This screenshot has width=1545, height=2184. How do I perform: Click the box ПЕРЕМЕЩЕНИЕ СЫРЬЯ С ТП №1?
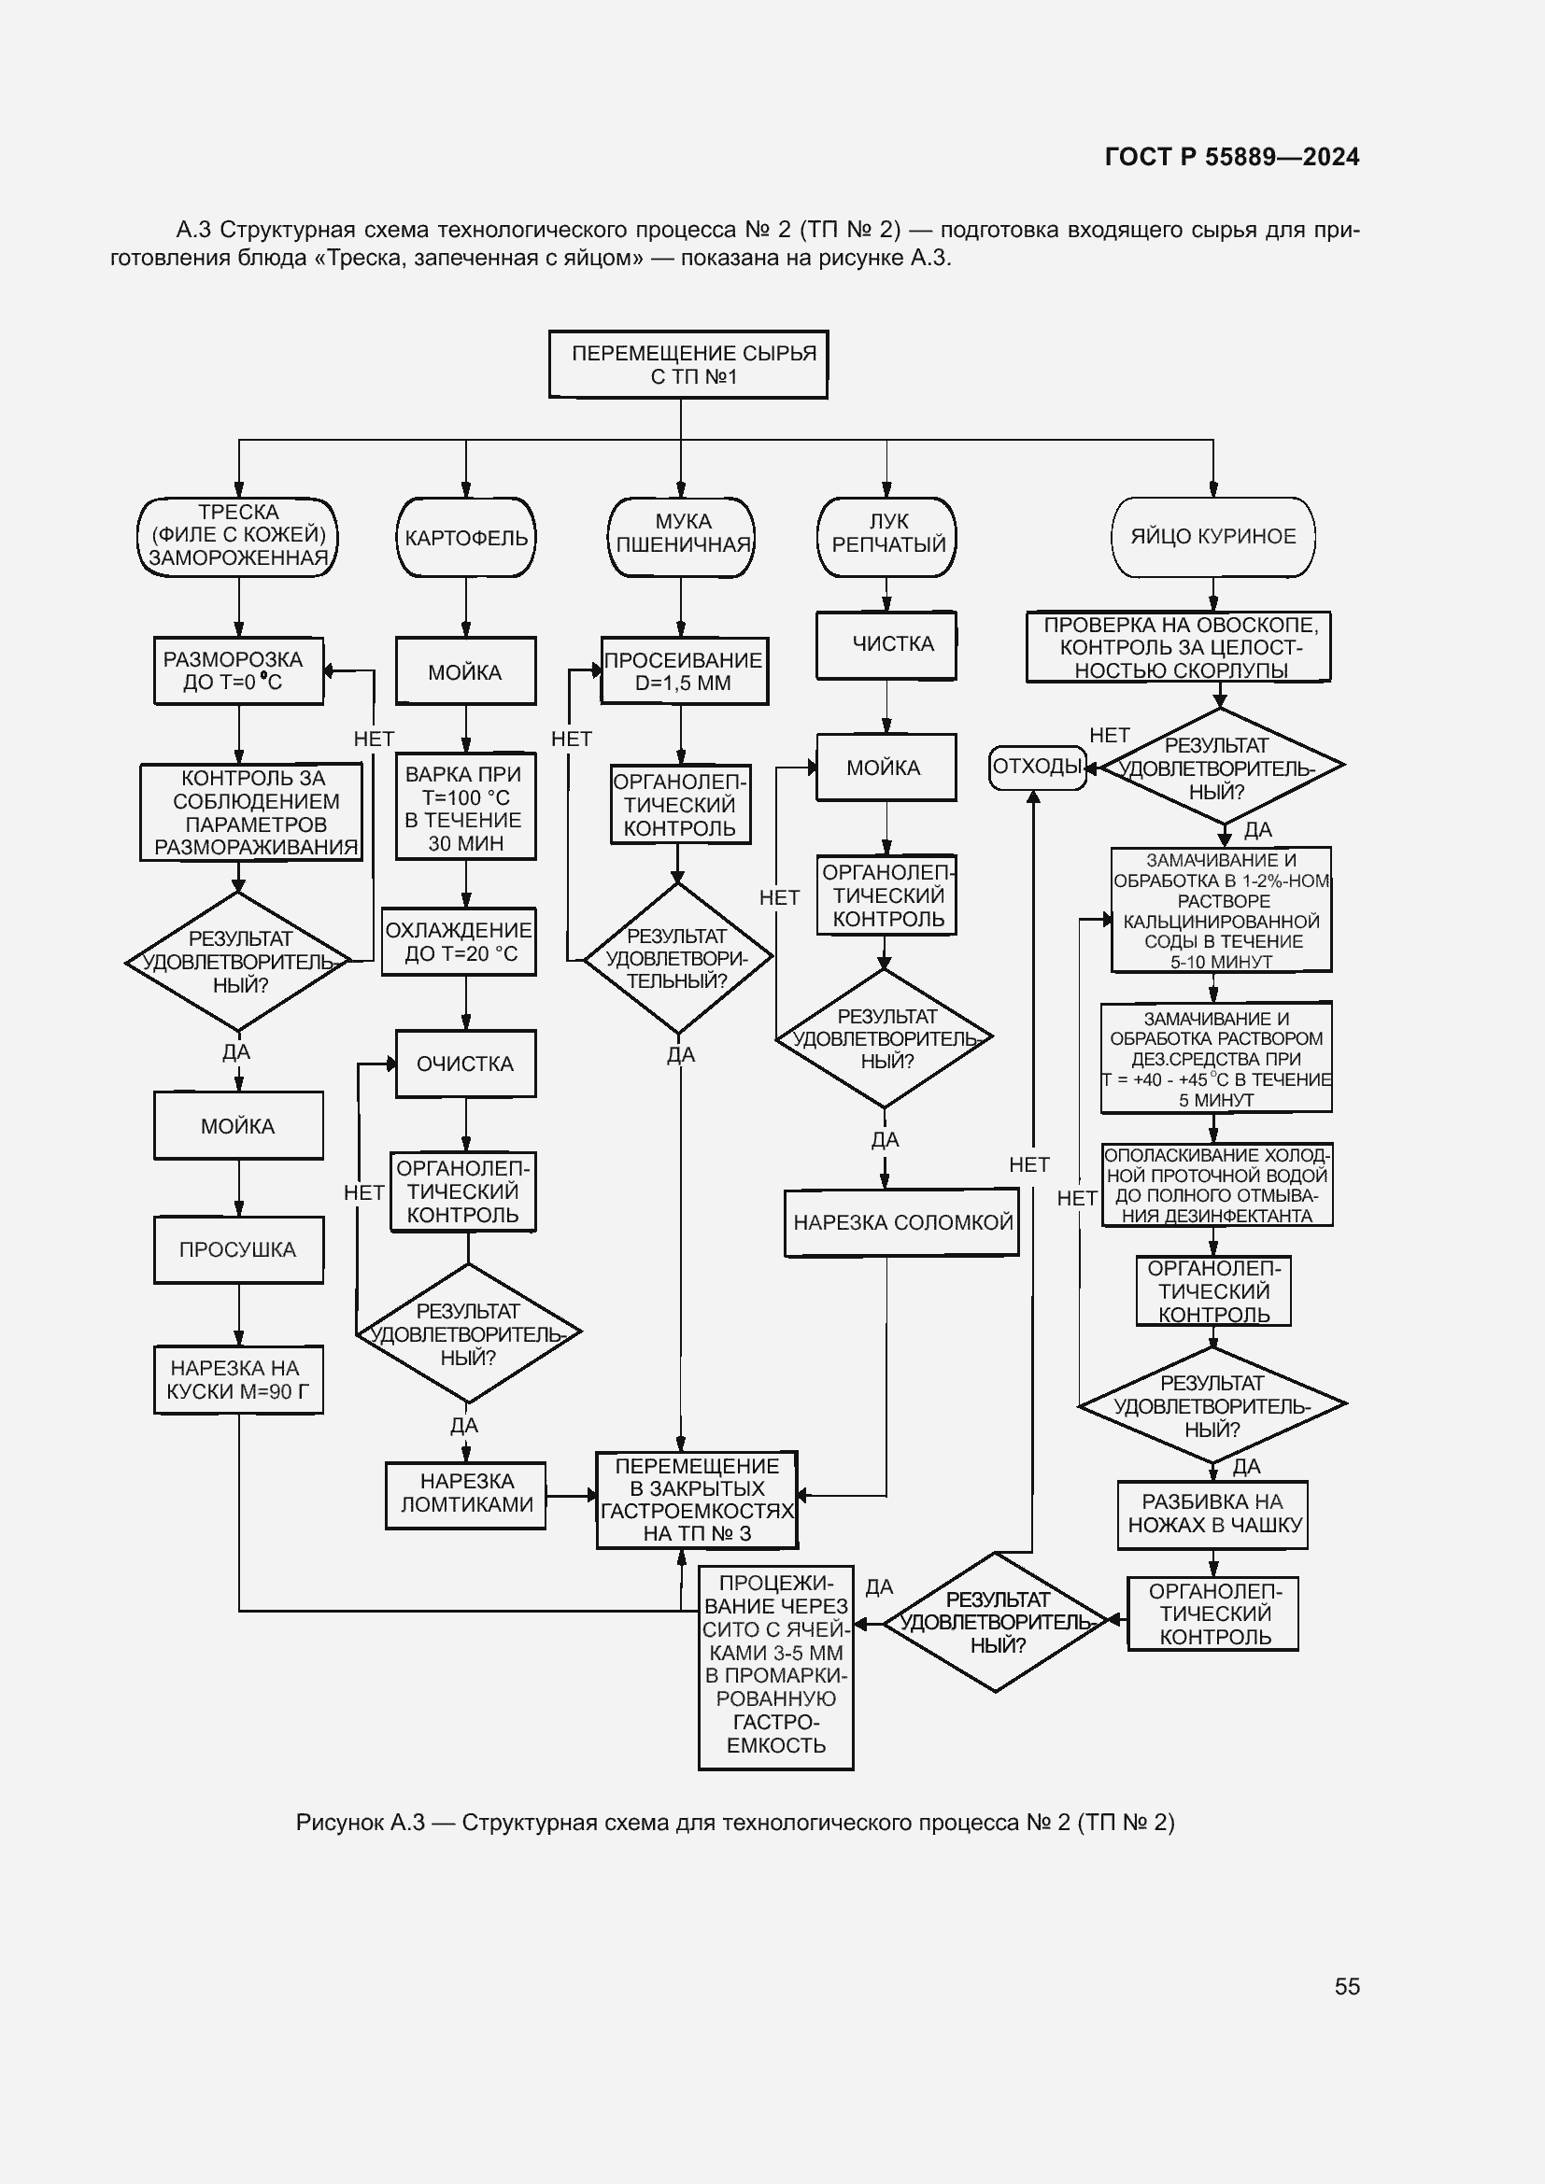coord(687,364)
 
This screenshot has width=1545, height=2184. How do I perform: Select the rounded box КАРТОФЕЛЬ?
coord(465,538)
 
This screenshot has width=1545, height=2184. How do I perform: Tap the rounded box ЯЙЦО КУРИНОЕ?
coord(1212,537)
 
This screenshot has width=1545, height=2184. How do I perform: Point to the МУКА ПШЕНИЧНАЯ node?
coord(681,537)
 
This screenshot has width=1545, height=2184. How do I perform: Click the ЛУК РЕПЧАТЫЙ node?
coord(886,537)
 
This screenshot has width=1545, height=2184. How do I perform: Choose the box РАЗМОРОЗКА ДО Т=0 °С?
coord(238,670)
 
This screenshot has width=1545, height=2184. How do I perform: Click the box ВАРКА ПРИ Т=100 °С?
coord(465,808)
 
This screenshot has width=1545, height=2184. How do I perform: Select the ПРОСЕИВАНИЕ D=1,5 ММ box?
coord(683,670)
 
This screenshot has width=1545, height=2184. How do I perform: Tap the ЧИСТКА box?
coord(886,644)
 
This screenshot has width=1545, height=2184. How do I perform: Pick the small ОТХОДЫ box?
coord(1037,766)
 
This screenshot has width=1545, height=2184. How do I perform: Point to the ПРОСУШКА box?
coord(238,1249)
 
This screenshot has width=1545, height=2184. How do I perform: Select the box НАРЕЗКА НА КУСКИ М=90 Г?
coord(238,1379)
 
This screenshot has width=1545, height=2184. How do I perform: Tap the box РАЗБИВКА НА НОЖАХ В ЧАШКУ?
coord(1212,1515)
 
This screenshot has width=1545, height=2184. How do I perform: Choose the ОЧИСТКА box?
coord(465,1064)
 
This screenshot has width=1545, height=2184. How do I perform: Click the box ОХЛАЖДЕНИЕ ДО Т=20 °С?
coord(459,942)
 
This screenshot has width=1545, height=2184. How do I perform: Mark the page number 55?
coord(1346,1986)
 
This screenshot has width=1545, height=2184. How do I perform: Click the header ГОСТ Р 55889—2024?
coord(1232,157)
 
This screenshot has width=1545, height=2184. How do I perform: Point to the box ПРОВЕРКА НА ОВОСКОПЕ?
coord(1178,647)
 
